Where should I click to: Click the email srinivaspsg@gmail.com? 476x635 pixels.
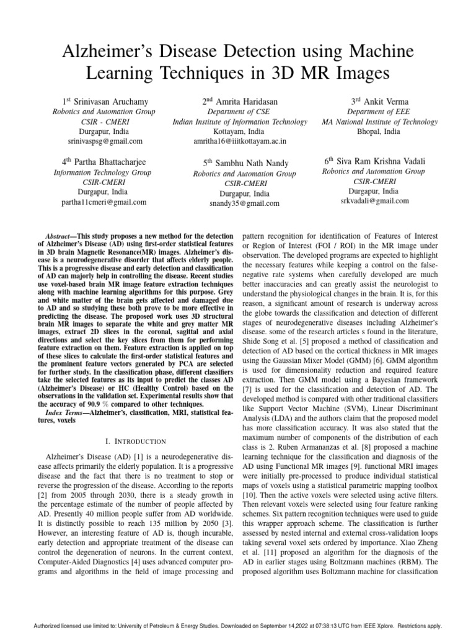click(x=105, y=141)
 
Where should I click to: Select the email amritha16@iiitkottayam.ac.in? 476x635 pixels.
click(x=240, y=141)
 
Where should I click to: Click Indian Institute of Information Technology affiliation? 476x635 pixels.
click(x=240, y=122)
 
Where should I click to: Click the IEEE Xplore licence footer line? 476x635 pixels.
click(x=238, y=626)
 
